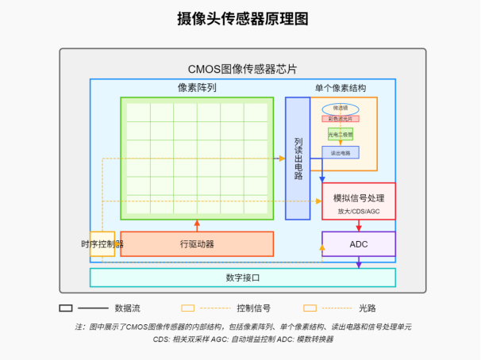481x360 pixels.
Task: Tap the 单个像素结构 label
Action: click(x=340, y=88)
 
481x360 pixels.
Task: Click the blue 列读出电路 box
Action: click(x=298, y=158)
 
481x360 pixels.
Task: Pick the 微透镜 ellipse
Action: click(x=341, y=108)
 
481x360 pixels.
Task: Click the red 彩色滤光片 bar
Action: click(x=341, y=119)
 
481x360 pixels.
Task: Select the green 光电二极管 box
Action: click(x=341, y=135)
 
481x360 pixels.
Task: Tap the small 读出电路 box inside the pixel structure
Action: click(x=341, y=152)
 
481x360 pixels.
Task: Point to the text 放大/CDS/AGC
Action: click(x=358, y=212)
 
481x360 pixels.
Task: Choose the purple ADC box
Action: click(x=358, y=243)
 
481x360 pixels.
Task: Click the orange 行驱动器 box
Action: click(x=197, y=243)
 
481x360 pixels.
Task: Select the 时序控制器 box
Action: click(x=102, y=243)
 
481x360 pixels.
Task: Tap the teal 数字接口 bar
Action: click(x=242, y=278)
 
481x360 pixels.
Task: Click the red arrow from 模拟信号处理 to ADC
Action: click(x=358, y=226)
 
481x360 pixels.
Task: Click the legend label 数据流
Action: click(x=129, y=308)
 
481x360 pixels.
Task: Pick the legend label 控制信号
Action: click(x=253, y=308)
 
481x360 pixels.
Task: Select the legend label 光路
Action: click(x=367, y=308)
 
